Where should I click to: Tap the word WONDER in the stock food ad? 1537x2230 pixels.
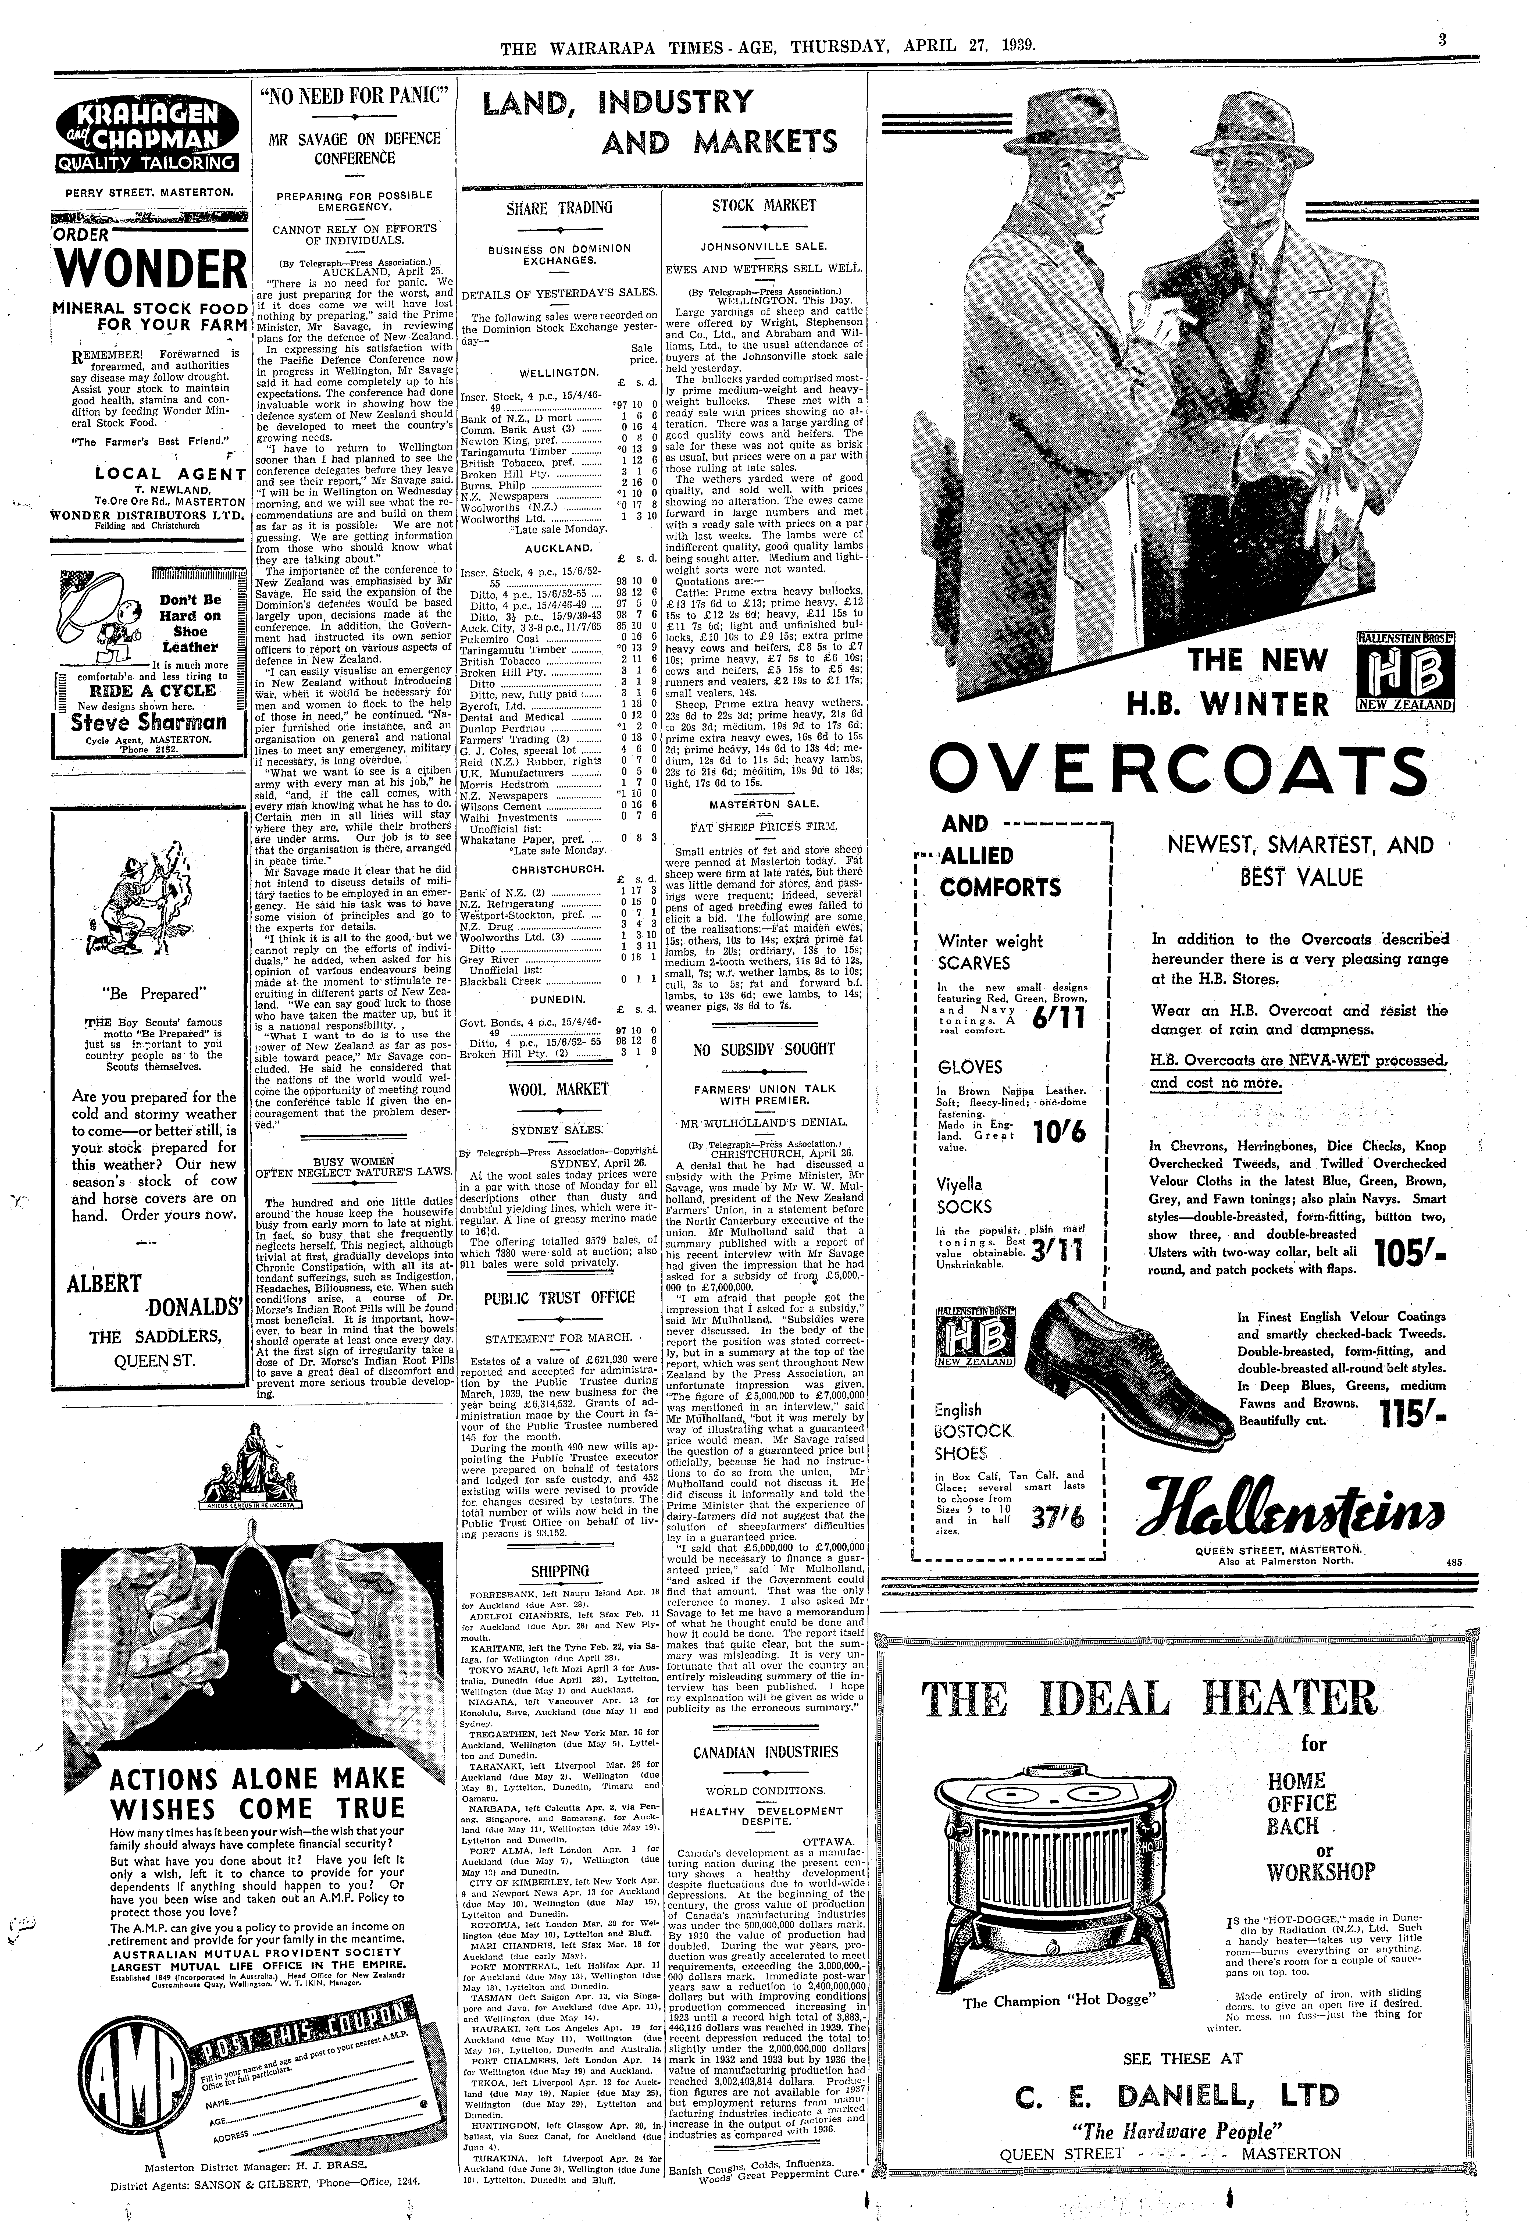tap(149, 270)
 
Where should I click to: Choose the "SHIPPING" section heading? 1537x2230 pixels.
tap(559, 1571)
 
